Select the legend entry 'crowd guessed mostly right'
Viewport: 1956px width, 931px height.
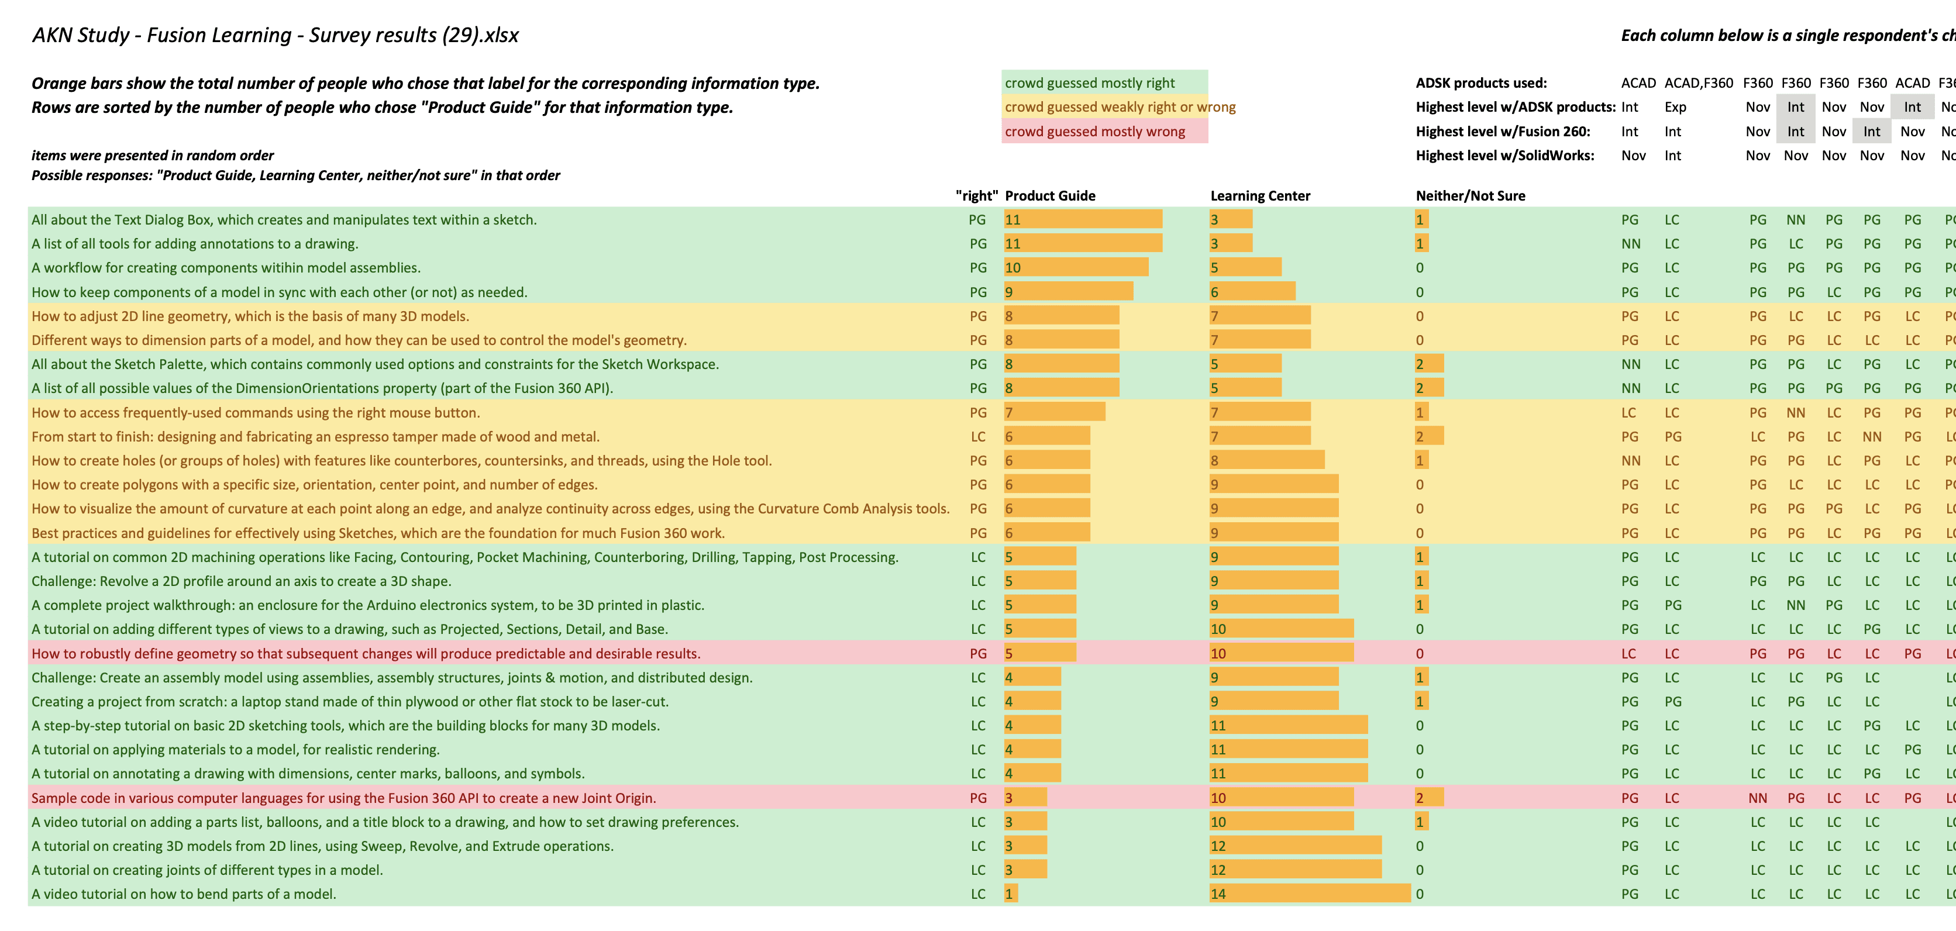tap(1089, 83)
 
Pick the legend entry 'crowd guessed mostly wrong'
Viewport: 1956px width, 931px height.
tap(1094, 132)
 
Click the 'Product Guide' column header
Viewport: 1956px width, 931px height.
tap(1049, 195)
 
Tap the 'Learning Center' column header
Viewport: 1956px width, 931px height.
tap(1260, 195)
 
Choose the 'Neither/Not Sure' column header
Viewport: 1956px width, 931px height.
tap(1470, 195)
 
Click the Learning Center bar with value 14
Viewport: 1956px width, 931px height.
tap(1309, 894)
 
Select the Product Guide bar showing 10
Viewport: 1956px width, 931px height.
tap(1075, 267)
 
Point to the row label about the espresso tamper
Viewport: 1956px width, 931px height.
tap(315, 437)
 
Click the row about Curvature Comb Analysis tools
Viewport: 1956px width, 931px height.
tap(490, 509)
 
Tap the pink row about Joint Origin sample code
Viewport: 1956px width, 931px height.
tap(343, 798)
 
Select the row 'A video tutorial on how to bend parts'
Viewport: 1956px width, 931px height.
tap(183, 894)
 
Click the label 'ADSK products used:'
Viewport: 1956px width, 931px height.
tap(1480, 83)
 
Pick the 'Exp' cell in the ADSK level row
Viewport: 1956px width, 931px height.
tap(1675, 107)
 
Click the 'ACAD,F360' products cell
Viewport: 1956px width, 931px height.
tap(1698, 83)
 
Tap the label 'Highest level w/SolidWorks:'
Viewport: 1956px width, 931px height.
tap(1504, 156)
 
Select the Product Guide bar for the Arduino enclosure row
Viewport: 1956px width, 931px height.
tap(1039, 605)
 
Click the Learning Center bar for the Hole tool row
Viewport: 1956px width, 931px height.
tap(1266, 460)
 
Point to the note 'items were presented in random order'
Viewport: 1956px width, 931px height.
tap(153, 156)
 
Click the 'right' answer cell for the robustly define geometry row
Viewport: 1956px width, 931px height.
tap(978, 653)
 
